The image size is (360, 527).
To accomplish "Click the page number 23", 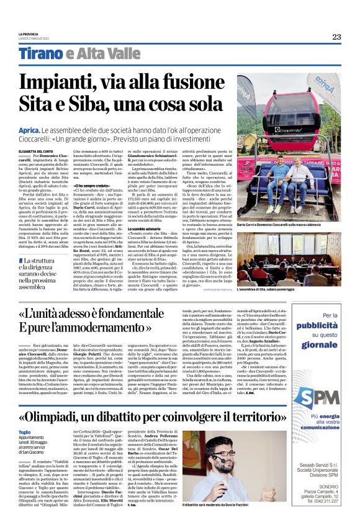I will tap(336, 37).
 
